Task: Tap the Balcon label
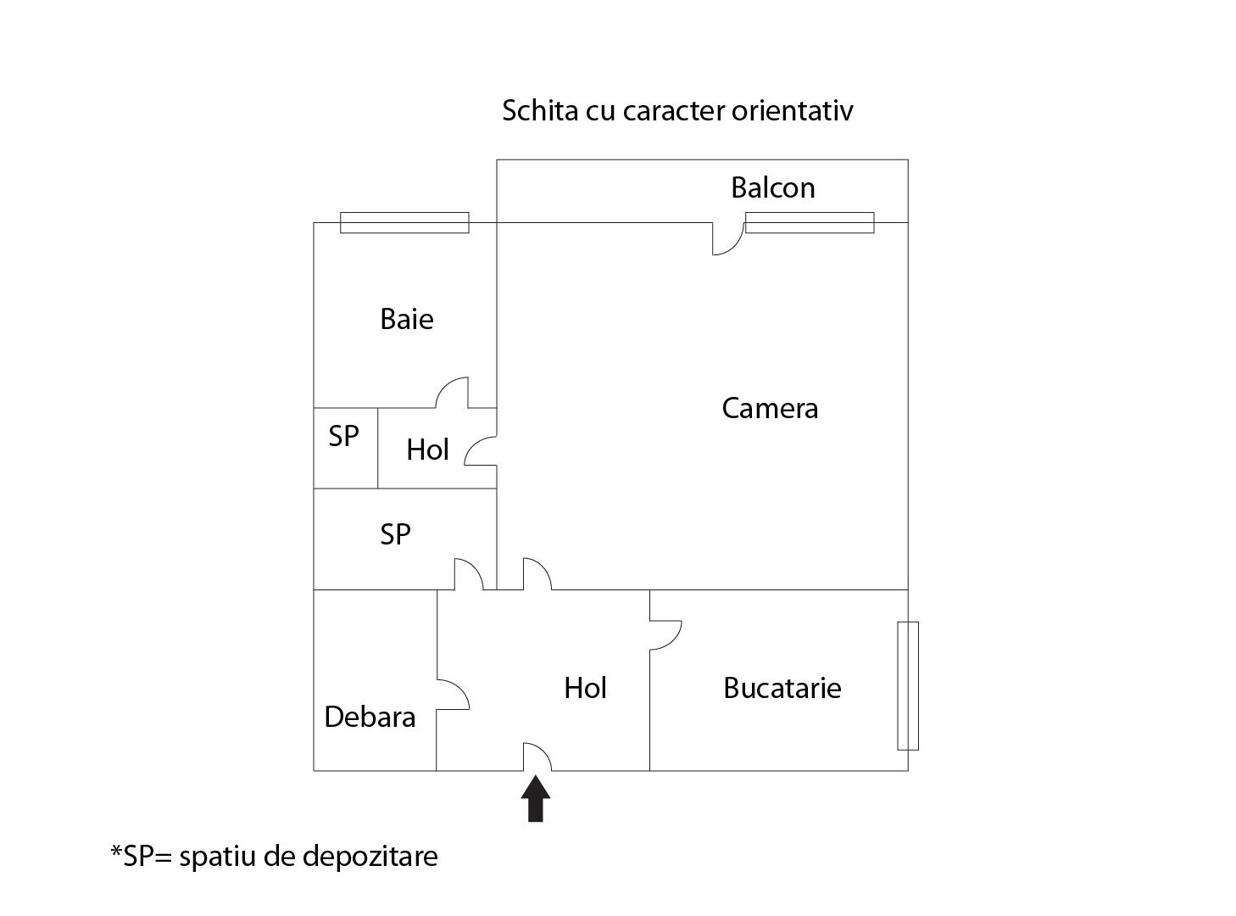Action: pos(772,187)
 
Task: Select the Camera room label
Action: pos(770,408)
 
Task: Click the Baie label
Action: pos(406,319)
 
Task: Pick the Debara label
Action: pos(370,717)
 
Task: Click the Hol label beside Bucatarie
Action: pos(585,687)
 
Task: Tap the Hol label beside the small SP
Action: pos(427,450)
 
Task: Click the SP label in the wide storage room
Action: pos(395,534)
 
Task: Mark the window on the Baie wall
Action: pos(404,222)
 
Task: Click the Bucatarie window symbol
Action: pos(907,685)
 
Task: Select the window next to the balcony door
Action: pos(809,222)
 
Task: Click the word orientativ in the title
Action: pos(792,110)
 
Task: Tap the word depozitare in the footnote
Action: pos(370,856)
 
